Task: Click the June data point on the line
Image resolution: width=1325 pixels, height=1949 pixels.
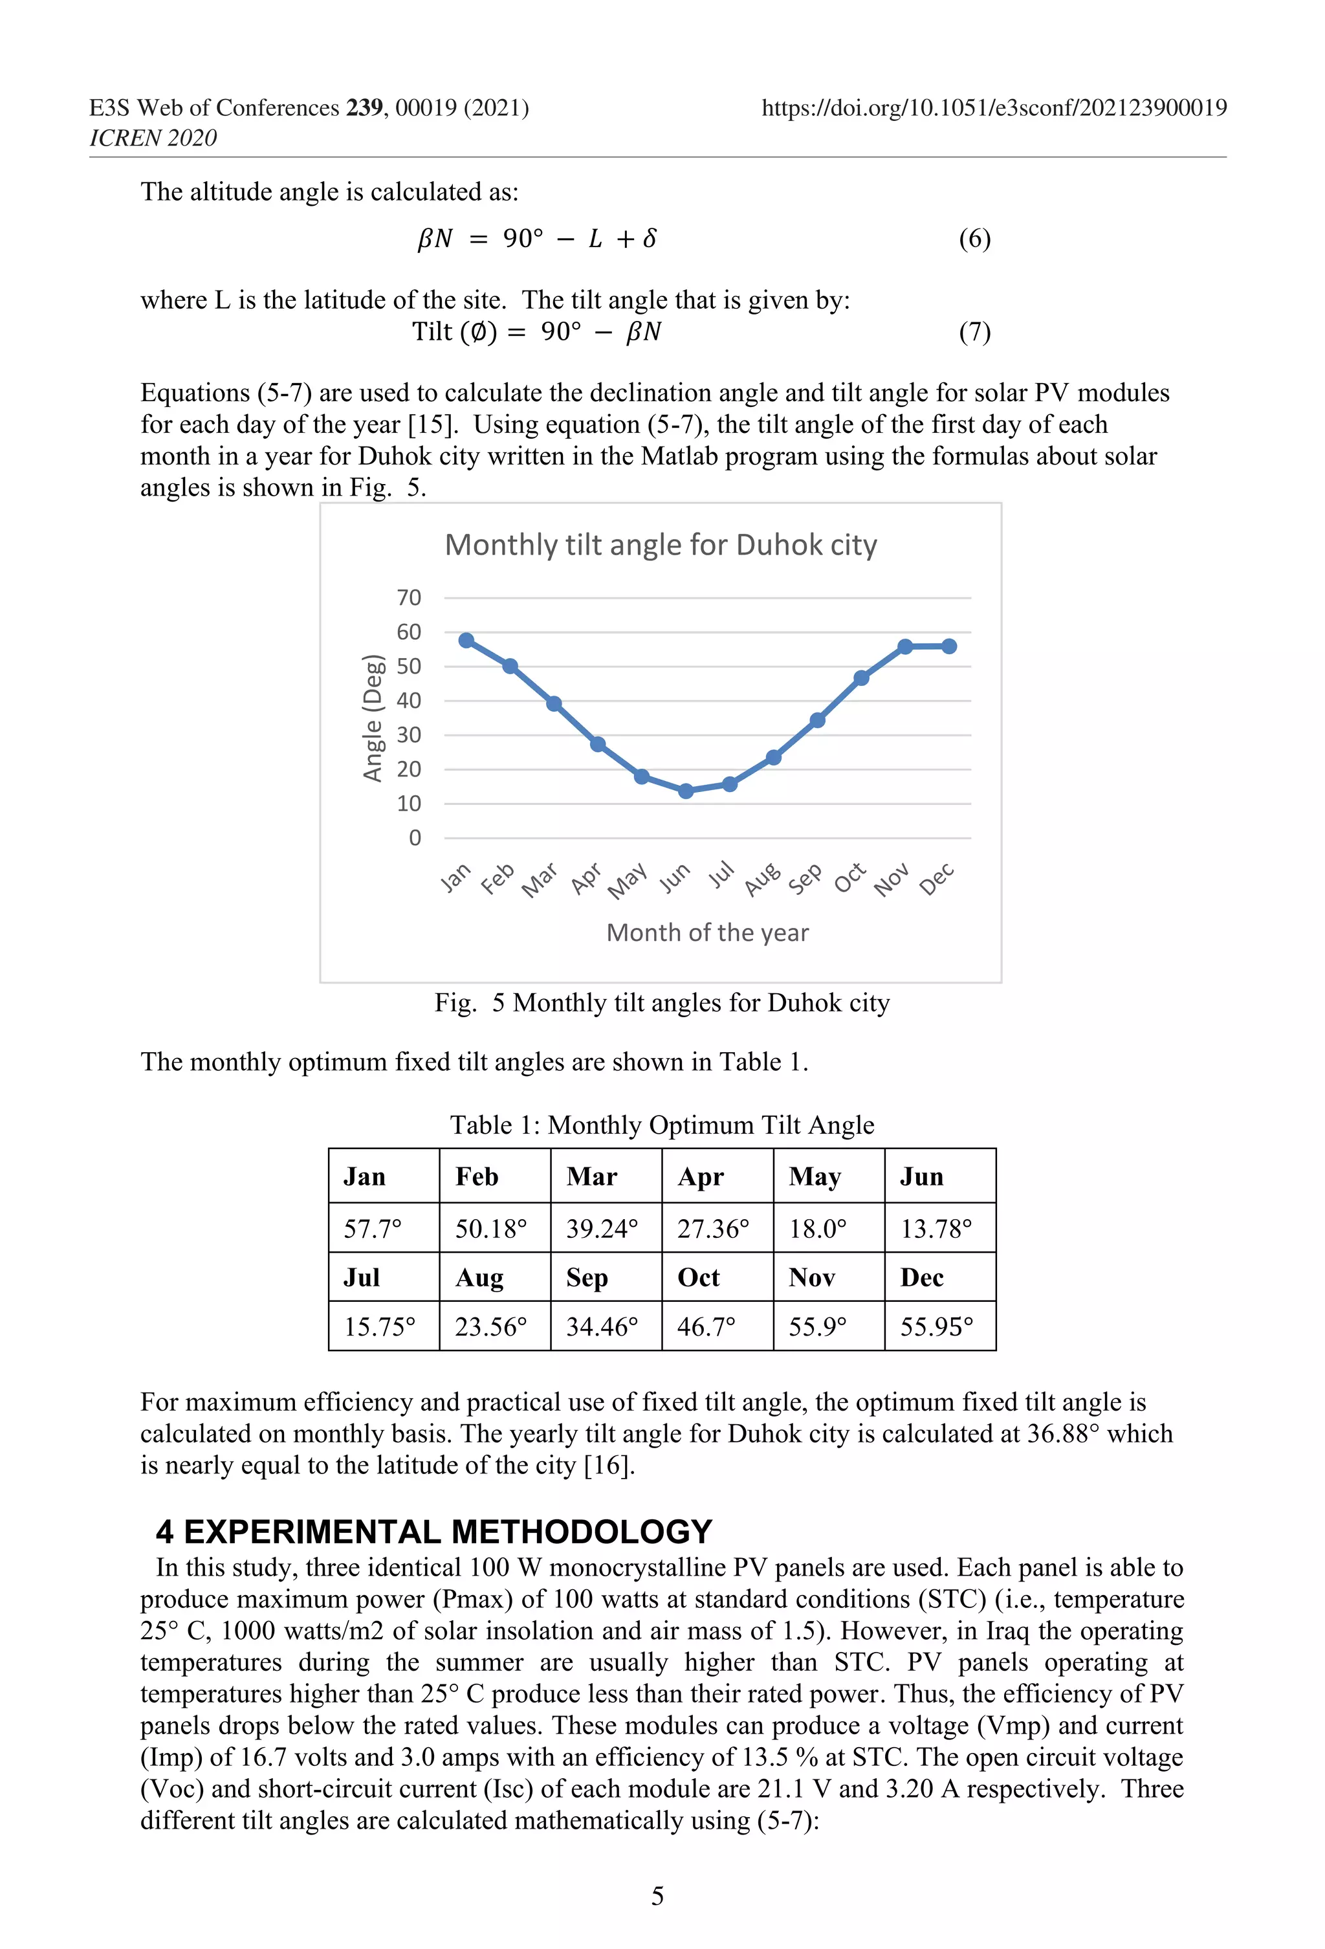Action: click(x=686, y=791)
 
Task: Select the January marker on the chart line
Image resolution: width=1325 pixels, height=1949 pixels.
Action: click(x=466, y=641)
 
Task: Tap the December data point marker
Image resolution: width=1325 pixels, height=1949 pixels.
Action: click(x=949, y=646)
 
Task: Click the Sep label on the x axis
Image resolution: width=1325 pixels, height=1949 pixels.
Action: click(x=805, y=879)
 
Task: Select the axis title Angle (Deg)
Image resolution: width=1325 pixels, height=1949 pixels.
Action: click(x=373, y=718)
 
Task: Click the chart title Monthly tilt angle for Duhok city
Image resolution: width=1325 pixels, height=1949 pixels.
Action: click(x=661, y=545)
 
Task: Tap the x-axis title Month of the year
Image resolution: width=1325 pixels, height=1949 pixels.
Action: click(x=707, y=932)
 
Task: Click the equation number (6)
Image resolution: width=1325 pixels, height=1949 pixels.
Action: click(x=974, y=239)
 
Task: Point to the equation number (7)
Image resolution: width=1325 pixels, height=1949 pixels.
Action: click(x=974, y=332)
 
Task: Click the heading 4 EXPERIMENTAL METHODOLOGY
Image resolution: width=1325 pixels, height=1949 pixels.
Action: click(x=433, y=1532)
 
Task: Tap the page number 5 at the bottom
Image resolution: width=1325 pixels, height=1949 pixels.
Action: click(x=657, y=1895)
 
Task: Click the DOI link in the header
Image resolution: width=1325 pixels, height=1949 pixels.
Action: click(x=994, y=108)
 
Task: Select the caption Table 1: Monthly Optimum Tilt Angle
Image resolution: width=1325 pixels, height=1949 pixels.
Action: click(x=662, y=1125)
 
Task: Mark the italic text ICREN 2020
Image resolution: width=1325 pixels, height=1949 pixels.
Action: click(x=153, y=138)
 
